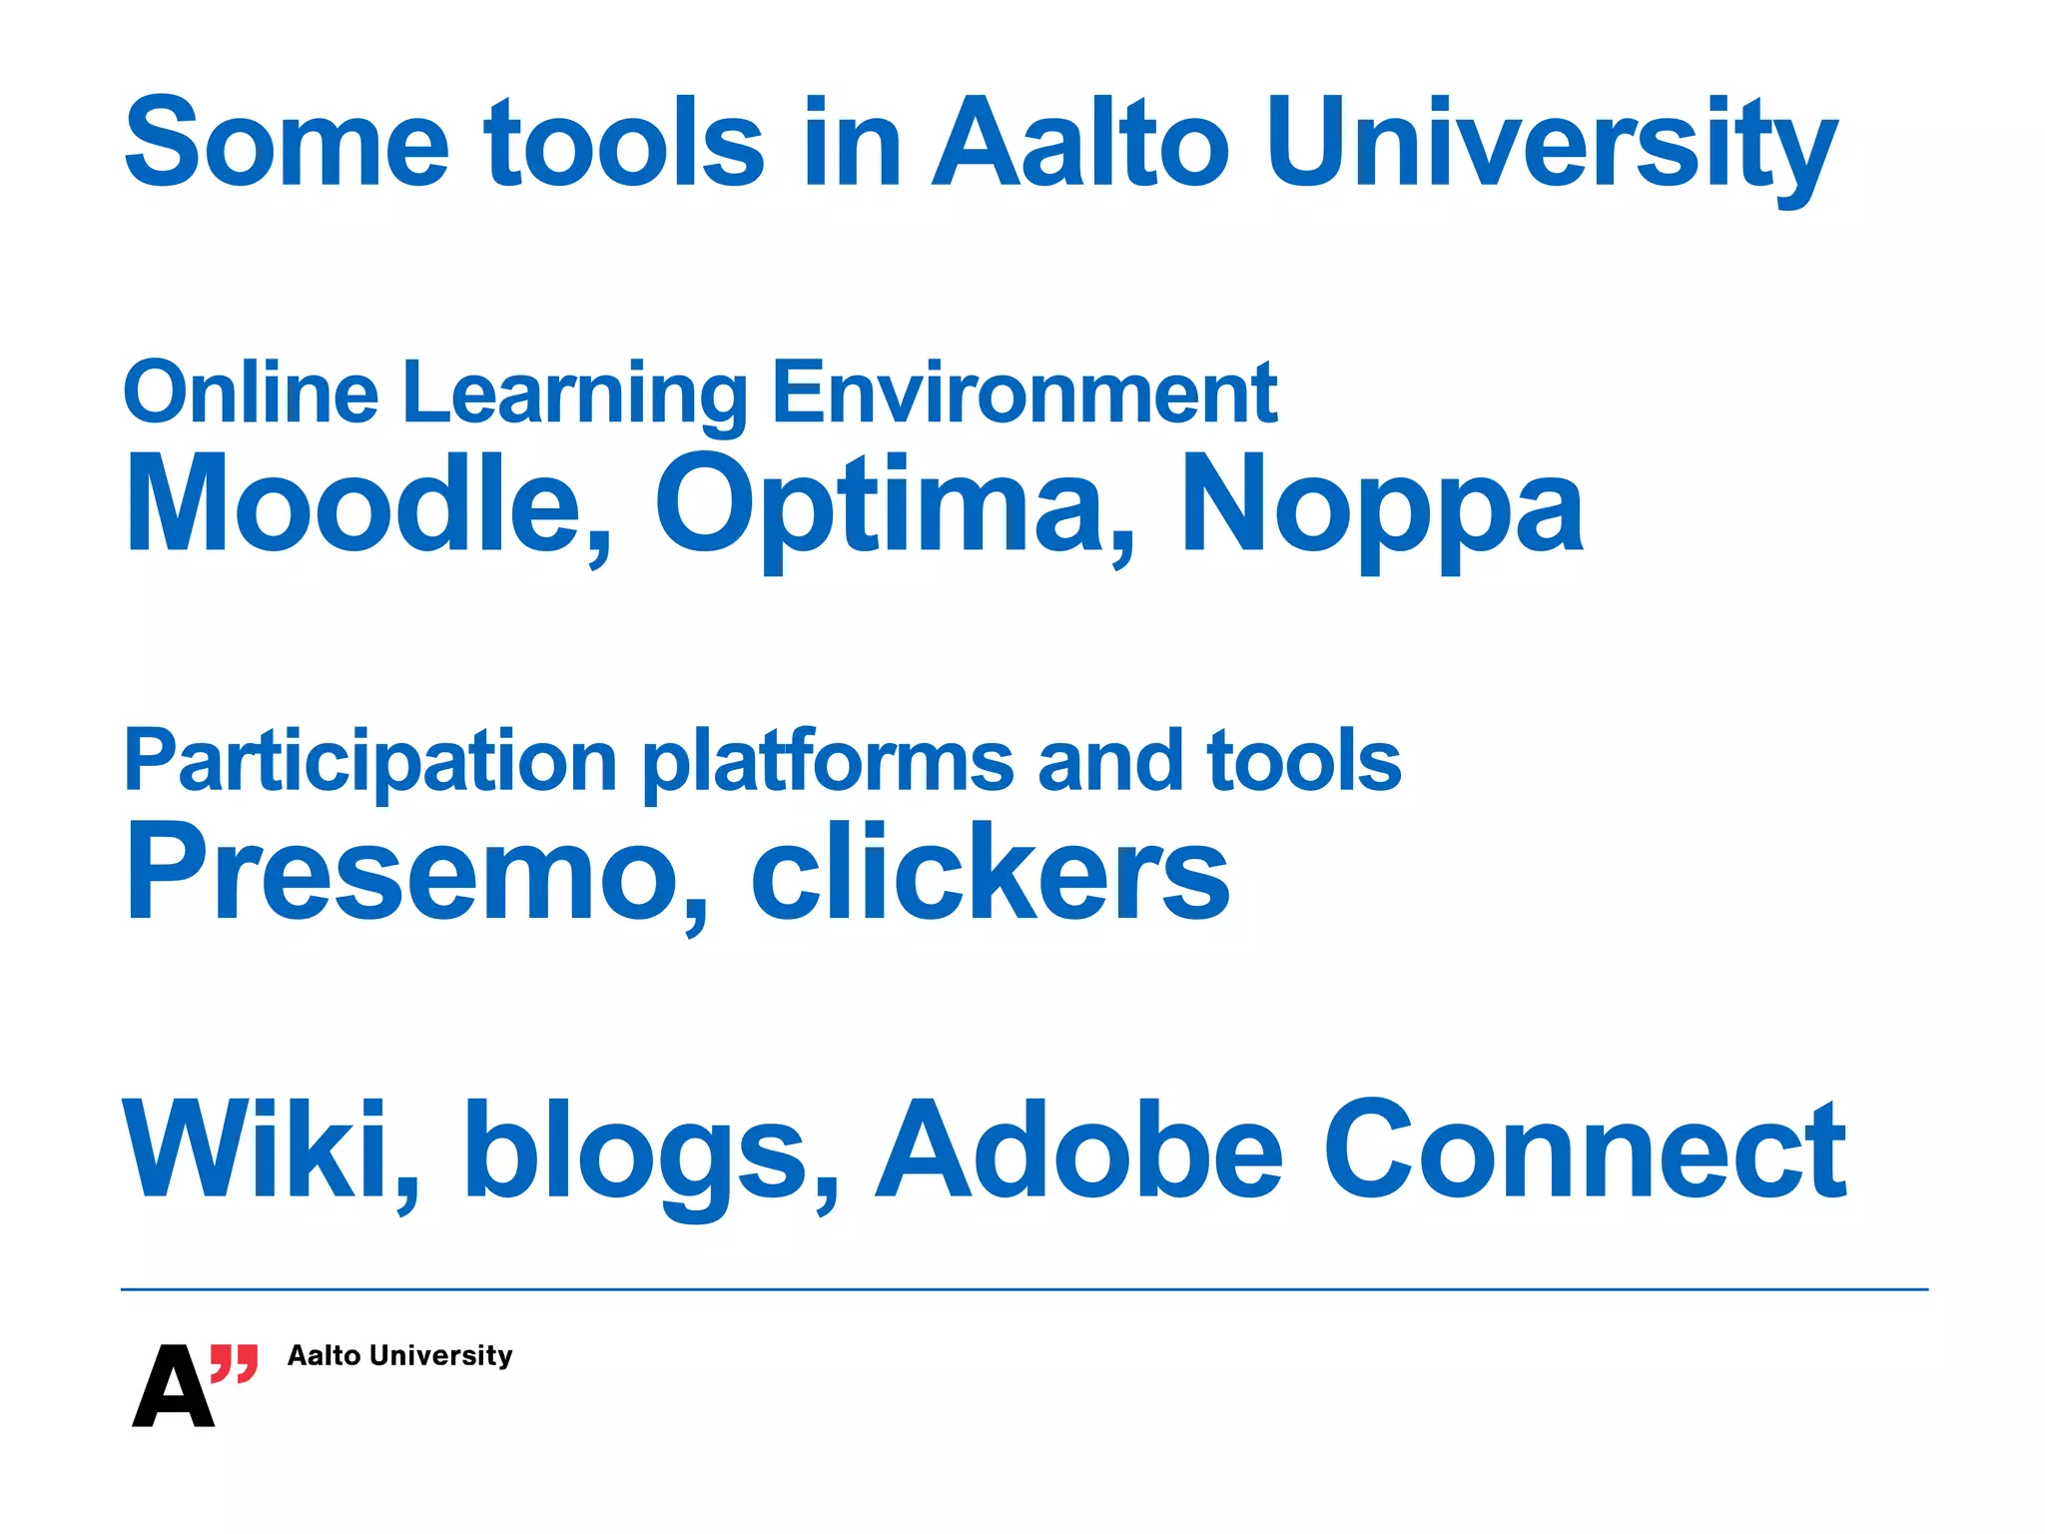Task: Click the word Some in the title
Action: click(x=287, y=143)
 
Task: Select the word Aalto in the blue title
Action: click(x=1079, y=143)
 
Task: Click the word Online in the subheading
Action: click(x=251, y=393)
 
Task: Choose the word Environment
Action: click(x=1024, y=393)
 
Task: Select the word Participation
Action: click(x=370, y=761)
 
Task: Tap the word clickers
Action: click(x=990, y=872)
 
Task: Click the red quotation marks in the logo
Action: click(x=235, y=1362)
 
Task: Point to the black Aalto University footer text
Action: click(x=399, y=1355)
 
